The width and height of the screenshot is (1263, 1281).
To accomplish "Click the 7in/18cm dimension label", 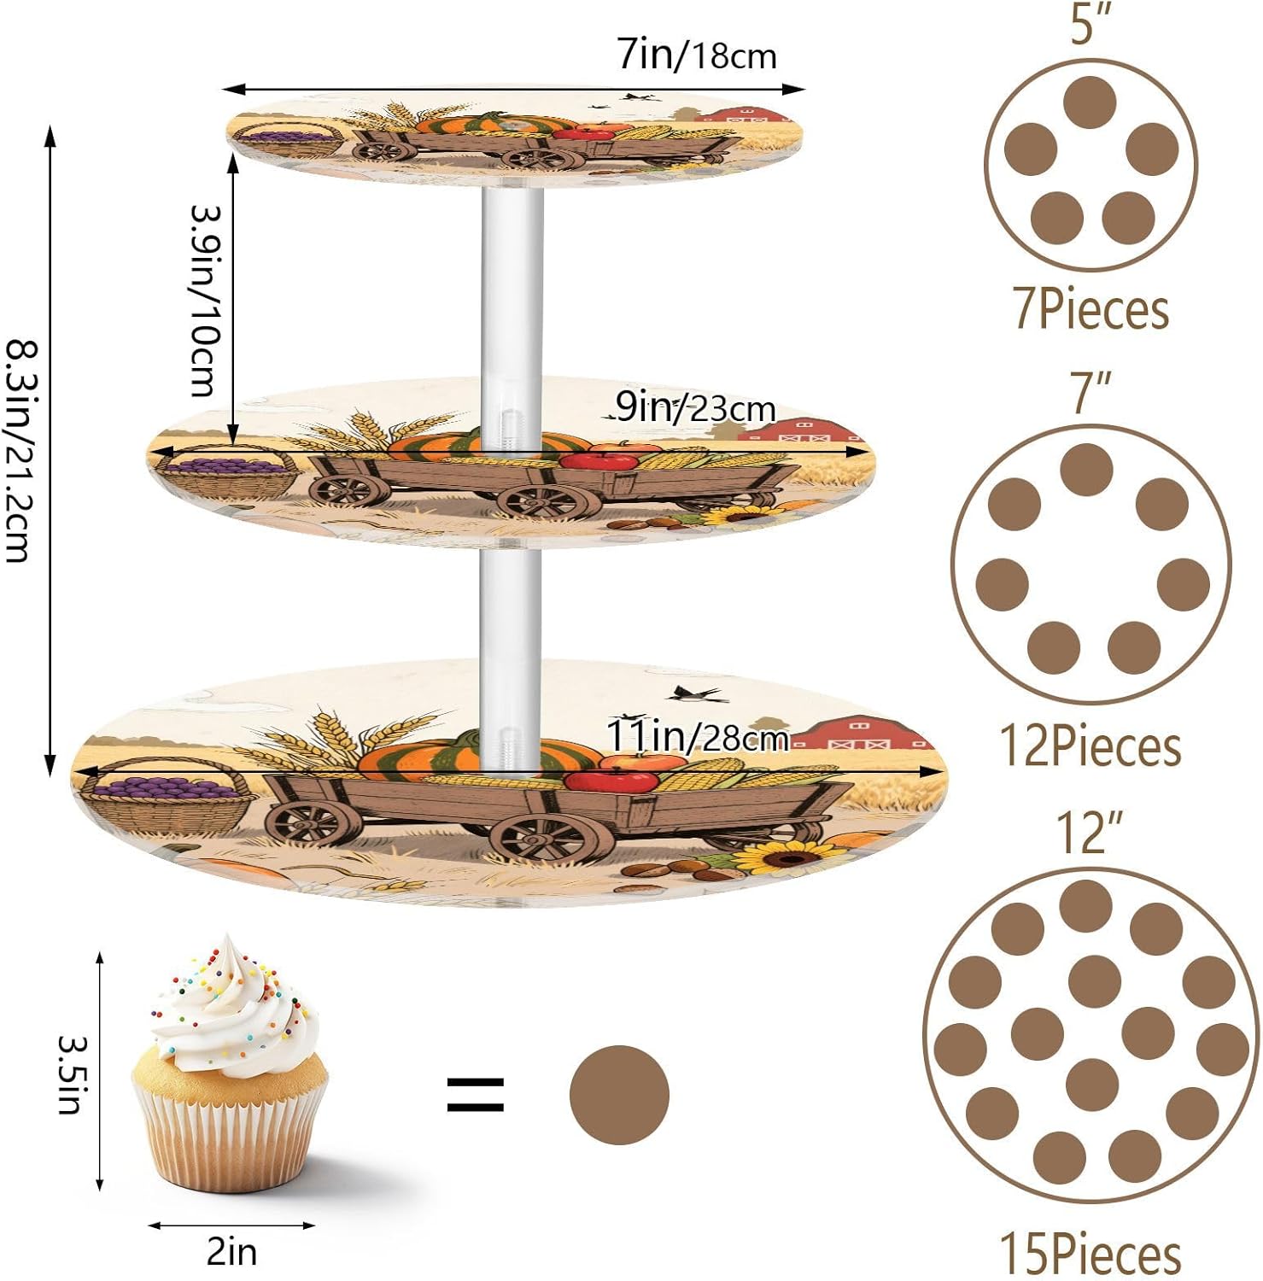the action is click(697, 56).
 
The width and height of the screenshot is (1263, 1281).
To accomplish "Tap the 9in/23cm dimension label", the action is click(695, 408).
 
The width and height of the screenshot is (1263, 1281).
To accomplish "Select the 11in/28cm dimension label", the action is click(697, 735).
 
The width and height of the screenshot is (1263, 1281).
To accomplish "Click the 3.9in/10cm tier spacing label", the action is click(205, 300).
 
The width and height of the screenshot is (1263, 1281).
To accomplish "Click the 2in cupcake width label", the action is click(231, 1252).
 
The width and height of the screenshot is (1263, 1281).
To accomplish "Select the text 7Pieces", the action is click(1091, 308).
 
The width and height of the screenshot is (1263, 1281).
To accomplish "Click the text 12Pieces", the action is click(1091, 746).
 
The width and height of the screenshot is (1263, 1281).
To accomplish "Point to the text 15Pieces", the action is click(1091, 1254).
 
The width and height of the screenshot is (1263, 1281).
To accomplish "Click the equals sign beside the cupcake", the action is click(476, 1095).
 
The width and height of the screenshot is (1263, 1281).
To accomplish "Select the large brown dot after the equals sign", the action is click(619, 1095).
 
